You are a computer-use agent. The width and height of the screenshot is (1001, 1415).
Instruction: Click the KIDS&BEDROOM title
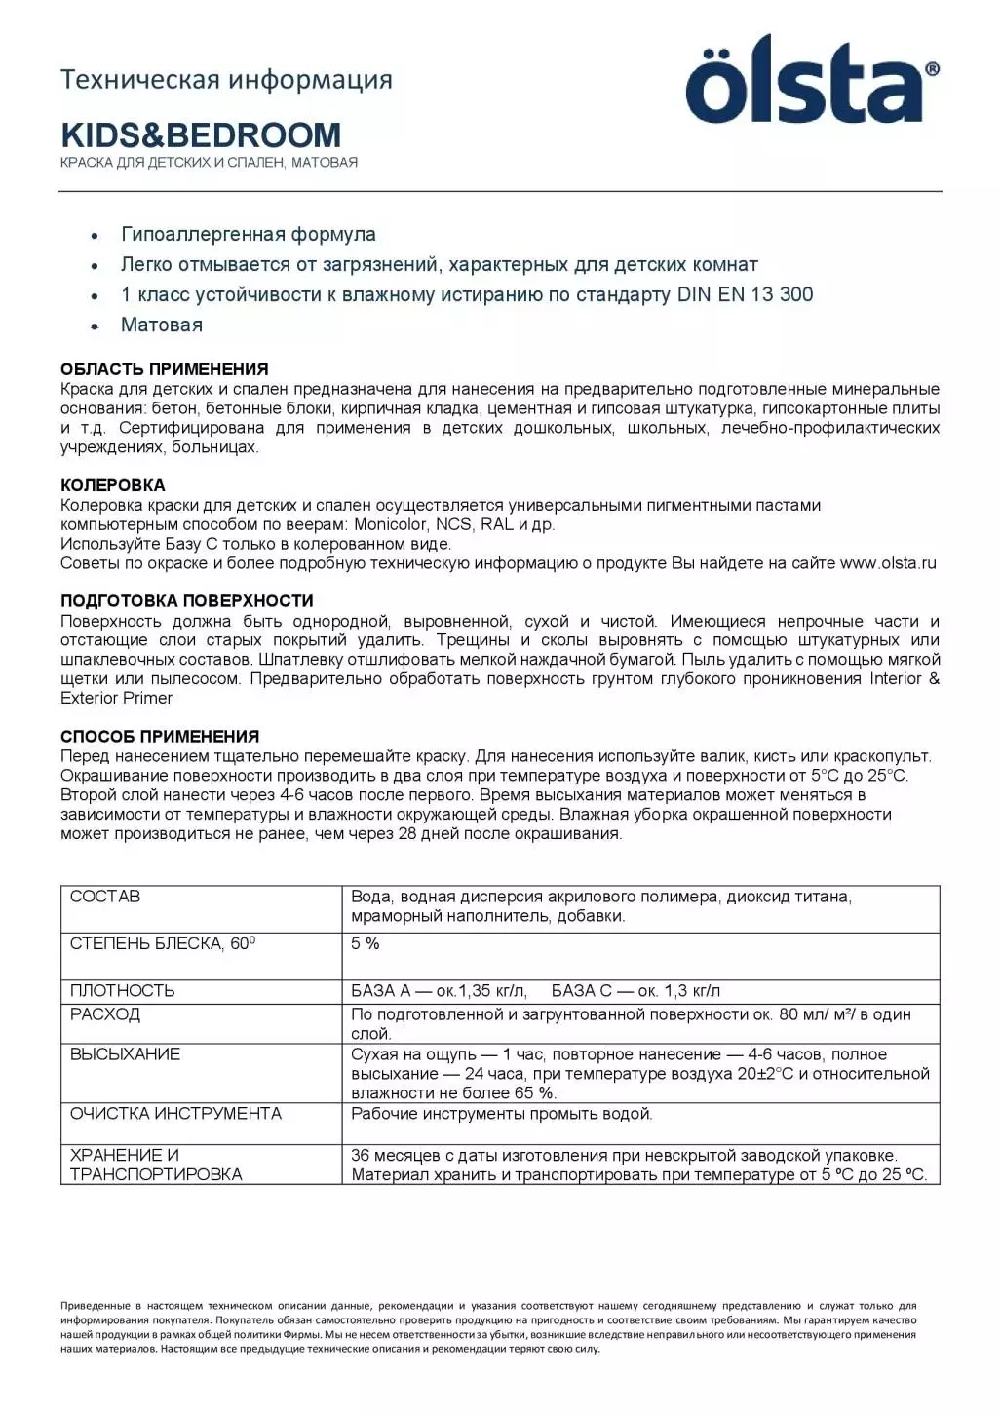click(201, 134)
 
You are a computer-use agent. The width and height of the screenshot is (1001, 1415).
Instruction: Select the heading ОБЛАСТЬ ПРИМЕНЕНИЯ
click(164, 369)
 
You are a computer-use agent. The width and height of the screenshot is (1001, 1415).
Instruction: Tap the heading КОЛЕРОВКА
click(113, 485)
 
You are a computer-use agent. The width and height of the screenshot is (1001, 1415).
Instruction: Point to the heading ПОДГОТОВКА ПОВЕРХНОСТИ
click(187, 601)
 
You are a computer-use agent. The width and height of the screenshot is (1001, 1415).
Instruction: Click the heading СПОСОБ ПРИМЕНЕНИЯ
click(160, 737)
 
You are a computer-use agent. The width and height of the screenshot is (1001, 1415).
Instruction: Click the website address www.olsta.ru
click(888, 563)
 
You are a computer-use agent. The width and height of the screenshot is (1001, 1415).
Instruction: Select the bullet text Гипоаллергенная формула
click(249, 235)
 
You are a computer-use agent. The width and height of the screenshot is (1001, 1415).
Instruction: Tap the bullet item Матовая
click(162, 325)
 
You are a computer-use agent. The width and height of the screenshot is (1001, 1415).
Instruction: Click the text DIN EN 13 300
click(745, 295)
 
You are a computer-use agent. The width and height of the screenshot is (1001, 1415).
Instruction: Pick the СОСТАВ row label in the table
click(105, 897)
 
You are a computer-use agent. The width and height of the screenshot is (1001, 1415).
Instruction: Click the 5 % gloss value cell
click(366, 944)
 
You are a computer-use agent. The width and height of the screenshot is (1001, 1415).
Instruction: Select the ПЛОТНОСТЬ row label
click(123, 991)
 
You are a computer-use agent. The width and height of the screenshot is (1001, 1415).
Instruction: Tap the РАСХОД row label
click(105, 1014)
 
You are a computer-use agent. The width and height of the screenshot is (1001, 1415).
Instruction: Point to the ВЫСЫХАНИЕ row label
click(125, 1054)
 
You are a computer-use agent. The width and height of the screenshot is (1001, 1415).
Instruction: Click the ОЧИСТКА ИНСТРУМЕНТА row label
click(175, 1114)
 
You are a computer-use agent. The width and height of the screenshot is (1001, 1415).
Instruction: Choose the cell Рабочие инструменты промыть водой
click(502, 1114)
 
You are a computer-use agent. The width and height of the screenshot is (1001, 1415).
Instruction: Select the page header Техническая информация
click(226, 79)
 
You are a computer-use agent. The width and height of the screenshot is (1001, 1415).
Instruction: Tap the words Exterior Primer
click(117, 698)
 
